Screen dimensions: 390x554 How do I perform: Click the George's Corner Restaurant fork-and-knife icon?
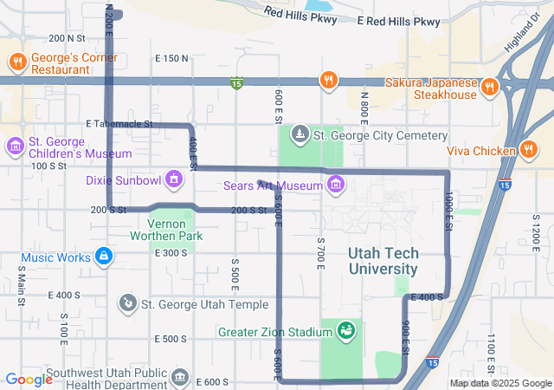[x=16, y=62]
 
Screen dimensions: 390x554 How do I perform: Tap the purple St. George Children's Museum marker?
[x=15, y=143]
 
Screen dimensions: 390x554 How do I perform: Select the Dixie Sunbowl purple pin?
[x=175, y=179]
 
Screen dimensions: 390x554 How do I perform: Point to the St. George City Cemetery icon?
[x=300, y=134]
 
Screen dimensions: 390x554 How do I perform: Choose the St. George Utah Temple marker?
[x=127, y=302]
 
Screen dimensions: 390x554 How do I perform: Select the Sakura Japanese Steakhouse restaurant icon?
[x=488, y=86]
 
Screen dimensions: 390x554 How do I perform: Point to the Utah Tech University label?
[x=383, y=260]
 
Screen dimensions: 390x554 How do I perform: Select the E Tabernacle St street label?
[x=119, y=124]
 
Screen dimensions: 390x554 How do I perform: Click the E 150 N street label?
[x=171, y=58]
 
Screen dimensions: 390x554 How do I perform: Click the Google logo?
[x=29, y=379]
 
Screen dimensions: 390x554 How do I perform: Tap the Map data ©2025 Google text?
[x=499, y=383]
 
